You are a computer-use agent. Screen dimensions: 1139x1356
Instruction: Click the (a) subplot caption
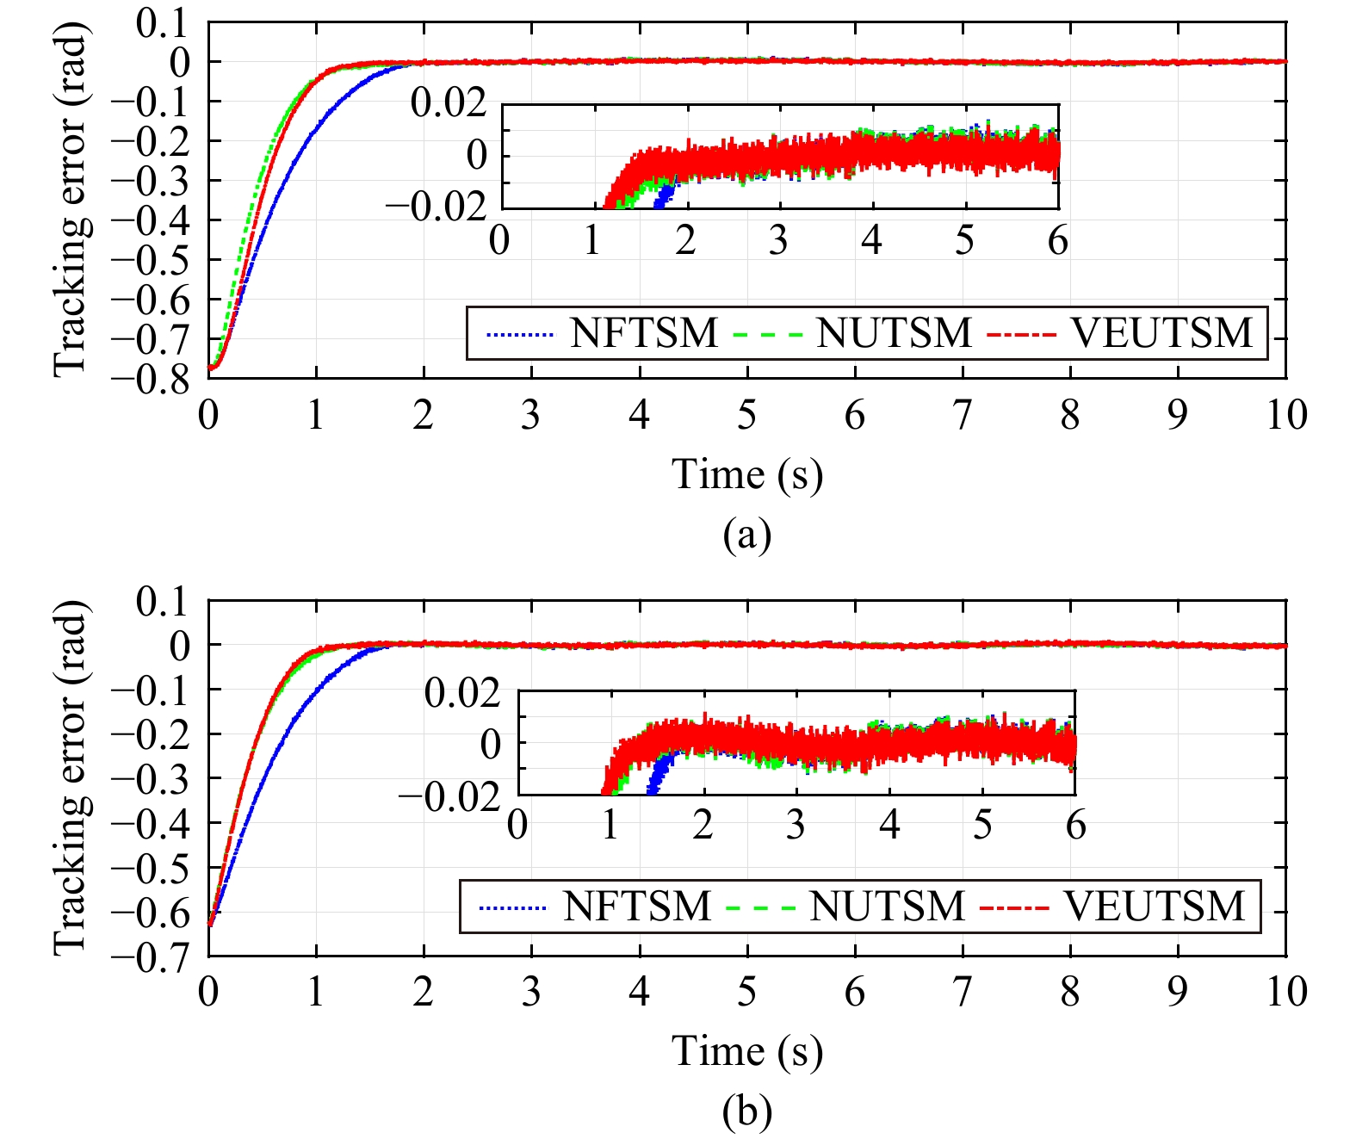[x=747, y=535]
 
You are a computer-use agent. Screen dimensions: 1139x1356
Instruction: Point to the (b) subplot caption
[x=747, y=1111]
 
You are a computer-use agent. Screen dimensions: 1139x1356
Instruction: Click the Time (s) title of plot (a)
[x=747, y=474]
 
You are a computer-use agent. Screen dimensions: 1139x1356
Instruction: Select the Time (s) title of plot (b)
[x=747, y=1051]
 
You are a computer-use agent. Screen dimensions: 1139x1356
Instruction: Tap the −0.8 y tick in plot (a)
[x=163, y=379]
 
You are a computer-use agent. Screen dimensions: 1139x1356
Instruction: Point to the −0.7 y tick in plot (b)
[x=163, y=956]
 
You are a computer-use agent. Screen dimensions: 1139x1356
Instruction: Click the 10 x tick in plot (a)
[x=1286, y=415]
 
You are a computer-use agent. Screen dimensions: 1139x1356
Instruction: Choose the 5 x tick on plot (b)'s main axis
[x=746, y=992]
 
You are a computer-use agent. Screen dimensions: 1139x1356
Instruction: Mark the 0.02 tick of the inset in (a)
[x=449, y=103]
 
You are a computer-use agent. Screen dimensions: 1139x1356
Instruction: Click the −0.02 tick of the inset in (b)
[x=449, y=796]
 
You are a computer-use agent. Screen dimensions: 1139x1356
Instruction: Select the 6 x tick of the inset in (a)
[x=1057, y=240]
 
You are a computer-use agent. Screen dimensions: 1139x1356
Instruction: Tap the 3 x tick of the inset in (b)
[x=796, y=826]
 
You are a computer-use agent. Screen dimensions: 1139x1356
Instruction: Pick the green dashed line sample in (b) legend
[x=760, y=907]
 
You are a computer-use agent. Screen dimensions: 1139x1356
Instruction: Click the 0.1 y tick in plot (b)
[x=162, y=601]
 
